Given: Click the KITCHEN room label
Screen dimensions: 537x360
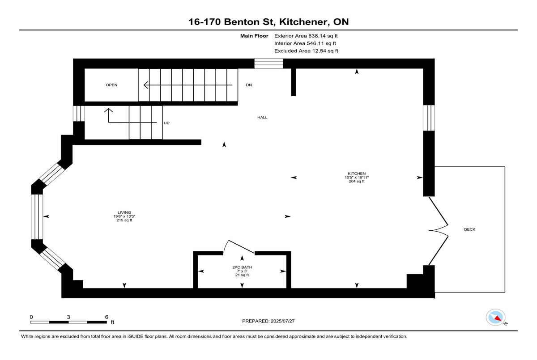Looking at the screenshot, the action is coord(357,174).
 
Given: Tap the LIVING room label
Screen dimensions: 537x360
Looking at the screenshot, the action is coord(124,212).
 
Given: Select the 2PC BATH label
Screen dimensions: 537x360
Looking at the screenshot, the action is coord(242,267).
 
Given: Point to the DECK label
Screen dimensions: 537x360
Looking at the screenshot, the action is coord(469,229).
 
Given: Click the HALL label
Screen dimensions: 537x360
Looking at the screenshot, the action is coord(262,117).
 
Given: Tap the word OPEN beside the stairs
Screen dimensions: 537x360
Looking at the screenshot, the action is coord(111,85).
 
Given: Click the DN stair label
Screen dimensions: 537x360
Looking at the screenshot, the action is coord(249,85).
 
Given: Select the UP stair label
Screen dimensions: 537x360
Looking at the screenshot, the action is coord(166,123).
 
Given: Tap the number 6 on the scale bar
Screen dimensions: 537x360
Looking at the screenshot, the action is coord(107,317).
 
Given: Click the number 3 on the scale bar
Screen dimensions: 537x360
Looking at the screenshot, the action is coord(68,317).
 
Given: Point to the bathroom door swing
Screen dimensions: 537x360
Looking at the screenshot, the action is coord(238,247).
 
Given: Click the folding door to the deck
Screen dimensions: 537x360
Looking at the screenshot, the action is coord(438,231).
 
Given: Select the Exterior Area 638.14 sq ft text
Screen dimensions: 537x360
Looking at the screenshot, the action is coord(306,36).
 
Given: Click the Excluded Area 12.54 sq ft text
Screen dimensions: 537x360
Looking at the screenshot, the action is coord(306,51).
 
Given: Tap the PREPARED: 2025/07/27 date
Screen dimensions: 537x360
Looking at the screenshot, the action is coord(268,321).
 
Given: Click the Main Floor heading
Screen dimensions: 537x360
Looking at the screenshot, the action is coord(254,36).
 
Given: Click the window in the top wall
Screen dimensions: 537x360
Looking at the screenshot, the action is coord(268,64).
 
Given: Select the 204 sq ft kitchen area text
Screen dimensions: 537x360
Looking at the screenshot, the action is coord(357,182).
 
